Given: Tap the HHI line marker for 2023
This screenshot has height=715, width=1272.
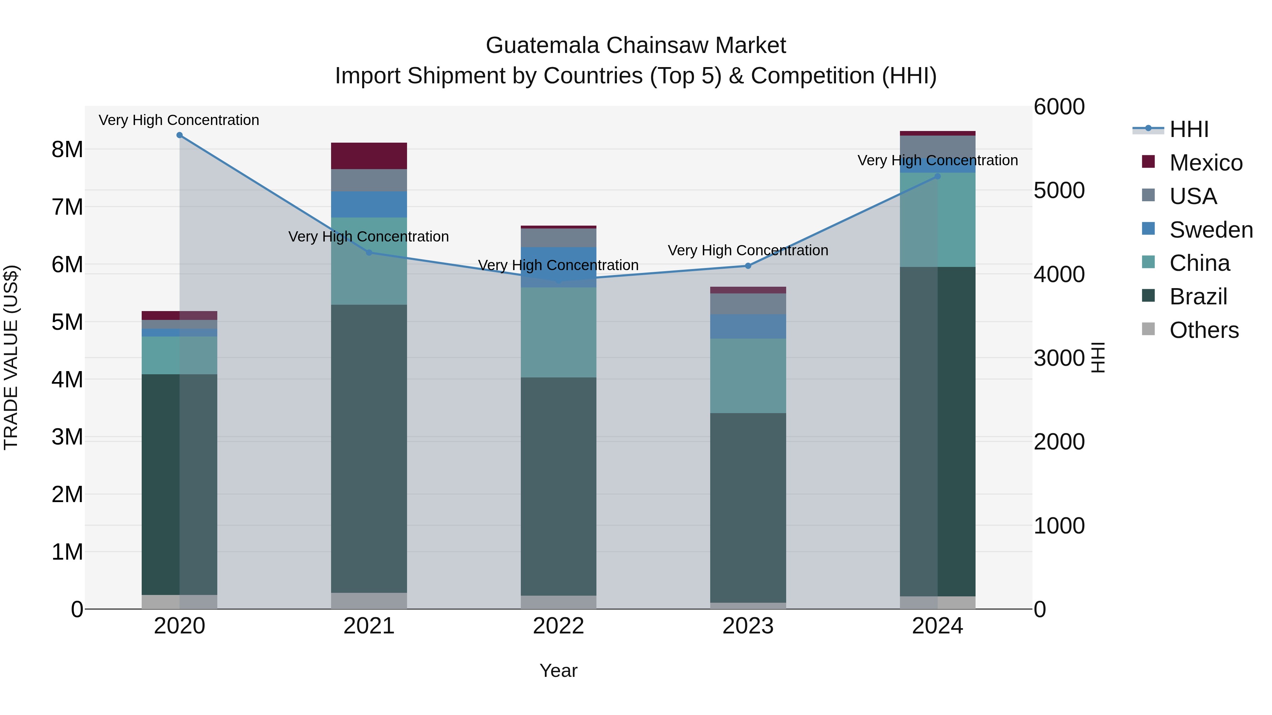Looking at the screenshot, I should (748, 266).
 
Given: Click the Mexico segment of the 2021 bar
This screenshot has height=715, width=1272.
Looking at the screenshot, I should (369, 156).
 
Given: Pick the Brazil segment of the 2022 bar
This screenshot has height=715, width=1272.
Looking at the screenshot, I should (559, 486).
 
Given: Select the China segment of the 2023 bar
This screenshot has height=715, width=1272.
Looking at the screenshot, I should (748, 376).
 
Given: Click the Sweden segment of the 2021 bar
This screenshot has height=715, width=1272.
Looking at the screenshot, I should (369, 204).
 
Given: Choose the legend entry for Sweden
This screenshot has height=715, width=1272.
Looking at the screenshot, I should (1210, 230).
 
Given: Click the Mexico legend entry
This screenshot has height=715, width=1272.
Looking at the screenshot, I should (1205, 163).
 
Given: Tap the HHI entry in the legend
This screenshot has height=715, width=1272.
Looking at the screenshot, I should (1189, 129).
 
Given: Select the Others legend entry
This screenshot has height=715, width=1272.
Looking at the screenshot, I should (1203, 330).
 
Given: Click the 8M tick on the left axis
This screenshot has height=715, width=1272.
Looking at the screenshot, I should (67, 149).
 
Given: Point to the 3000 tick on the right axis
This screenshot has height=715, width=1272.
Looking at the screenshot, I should (1059, 358).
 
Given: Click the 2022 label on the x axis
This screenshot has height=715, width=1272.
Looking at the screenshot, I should (559, 626).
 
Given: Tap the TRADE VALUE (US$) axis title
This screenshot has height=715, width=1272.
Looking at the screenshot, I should (11, 357).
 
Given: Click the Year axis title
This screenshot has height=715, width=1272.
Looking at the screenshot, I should (559, 671).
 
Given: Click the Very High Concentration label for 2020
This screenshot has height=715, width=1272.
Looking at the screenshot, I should (179, 120).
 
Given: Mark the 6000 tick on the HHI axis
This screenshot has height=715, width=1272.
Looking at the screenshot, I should (1059, 107).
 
